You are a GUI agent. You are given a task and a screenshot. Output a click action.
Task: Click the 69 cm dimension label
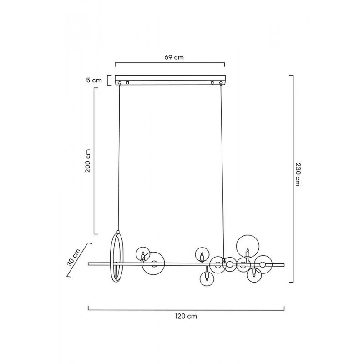(174, 57)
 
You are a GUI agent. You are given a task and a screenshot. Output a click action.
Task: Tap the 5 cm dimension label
(94, 81)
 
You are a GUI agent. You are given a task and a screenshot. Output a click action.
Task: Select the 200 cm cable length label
(88, 161)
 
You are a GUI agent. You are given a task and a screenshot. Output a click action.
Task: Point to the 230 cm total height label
(298, 174)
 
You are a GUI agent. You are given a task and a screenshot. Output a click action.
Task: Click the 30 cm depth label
(74, 257)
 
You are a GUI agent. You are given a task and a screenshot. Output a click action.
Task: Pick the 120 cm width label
(186, 316)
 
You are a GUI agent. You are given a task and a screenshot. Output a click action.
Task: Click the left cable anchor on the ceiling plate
(120, 83)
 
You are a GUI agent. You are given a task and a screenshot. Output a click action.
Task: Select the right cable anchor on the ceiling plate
(221, 83)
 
